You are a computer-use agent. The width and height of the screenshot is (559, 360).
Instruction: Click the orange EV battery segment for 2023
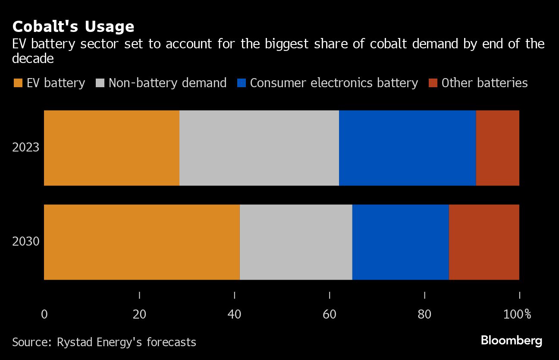pos(112,148)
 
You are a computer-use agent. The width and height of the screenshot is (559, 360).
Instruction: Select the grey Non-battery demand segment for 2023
pos(259,148)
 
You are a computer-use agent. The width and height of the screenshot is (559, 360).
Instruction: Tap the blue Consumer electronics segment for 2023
pos(407,148)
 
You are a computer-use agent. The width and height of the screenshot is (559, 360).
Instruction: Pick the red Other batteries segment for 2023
pos(497,148)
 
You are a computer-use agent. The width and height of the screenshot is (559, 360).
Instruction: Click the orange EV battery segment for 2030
pos(141,242)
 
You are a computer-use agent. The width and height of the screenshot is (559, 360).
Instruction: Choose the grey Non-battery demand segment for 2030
pos(296,242)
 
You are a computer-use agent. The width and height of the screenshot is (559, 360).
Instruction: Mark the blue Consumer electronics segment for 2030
pos(400,242)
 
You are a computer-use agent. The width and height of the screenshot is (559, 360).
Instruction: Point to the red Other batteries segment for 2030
pos(484,242)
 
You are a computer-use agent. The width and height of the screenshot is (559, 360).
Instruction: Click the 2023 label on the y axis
pos(26,148)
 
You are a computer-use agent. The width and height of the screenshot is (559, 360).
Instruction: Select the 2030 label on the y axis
pos(26,241)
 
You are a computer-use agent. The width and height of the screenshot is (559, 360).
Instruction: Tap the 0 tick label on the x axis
pos(44,314)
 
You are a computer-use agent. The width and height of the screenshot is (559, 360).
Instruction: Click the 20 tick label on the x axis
pos(139,314)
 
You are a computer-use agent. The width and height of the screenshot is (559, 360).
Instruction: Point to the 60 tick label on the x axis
pos(330,314)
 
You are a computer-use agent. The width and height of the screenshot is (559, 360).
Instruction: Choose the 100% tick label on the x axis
pos(517,314)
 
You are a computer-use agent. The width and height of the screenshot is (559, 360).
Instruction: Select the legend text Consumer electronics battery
pos(334,83)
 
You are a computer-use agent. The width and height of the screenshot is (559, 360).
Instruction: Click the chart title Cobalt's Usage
pos(73,27)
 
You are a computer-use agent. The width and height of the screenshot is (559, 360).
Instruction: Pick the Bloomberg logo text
pos(512,341)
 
